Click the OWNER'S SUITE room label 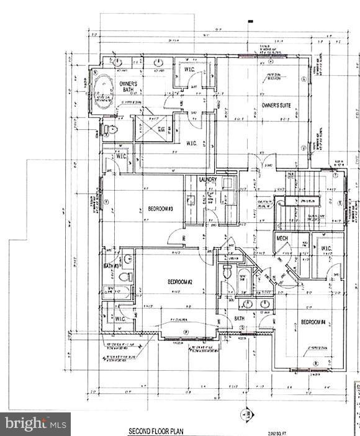(x=276, y=106)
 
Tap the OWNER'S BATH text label (x=128, y=88)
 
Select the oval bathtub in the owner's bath (x=102, y=91)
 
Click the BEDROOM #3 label (x=160, y=209)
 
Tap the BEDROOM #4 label (x=313, y=322)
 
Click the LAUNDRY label (x=207, y=180)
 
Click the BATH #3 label (x=112, y=266)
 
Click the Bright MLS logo (x=35, y=424)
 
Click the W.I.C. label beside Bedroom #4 (x=326, y=249)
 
